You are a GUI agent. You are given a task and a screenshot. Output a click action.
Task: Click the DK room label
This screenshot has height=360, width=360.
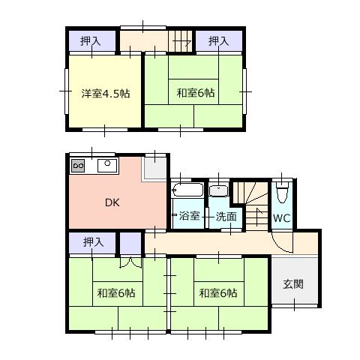[x=112, y=202]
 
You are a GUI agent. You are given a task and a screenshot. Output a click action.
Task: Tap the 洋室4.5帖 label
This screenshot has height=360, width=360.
[x=106, y=94]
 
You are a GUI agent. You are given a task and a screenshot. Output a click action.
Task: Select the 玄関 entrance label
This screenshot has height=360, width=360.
[x=293, y=284]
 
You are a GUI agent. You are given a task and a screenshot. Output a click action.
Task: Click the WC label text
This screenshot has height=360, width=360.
[x=282, y=218]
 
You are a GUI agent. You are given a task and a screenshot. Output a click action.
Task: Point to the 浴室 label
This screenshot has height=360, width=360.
[x=189, y=215]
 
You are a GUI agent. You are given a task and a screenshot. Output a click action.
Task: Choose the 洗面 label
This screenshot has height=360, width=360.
[x=226, y=217]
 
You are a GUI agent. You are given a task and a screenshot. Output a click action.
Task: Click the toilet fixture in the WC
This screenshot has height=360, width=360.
[x=282, y=192]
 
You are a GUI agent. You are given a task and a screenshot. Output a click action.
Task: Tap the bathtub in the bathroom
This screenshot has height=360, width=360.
[x=187, y=190]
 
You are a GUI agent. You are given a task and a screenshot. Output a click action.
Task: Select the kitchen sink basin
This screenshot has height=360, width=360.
[x=107, y=166]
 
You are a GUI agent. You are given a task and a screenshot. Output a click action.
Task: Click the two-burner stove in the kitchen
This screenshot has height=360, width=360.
[x=78, y=166]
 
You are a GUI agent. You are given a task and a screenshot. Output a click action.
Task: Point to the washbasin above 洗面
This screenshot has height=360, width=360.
[x=219, y=190]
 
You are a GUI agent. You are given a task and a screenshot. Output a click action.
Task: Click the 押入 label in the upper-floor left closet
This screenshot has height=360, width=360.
[x=91, y=41]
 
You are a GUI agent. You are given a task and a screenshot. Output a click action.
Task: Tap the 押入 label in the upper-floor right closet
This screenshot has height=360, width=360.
[x=219, y=41]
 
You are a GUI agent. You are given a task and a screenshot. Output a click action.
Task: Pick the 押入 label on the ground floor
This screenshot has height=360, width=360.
[x=93, y=242]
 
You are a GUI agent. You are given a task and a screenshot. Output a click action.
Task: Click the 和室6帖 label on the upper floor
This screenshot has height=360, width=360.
[x=196, y=93]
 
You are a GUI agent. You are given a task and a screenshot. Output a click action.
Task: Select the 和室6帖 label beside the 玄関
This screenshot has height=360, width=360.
[x=218, y=292]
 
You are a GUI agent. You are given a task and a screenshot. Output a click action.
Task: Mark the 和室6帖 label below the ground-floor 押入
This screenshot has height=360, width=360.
[x=116, y=292]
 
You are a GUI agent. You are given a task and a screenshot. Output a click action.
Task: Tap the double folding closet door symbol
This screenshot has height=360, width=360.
[x=130, y=262]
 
